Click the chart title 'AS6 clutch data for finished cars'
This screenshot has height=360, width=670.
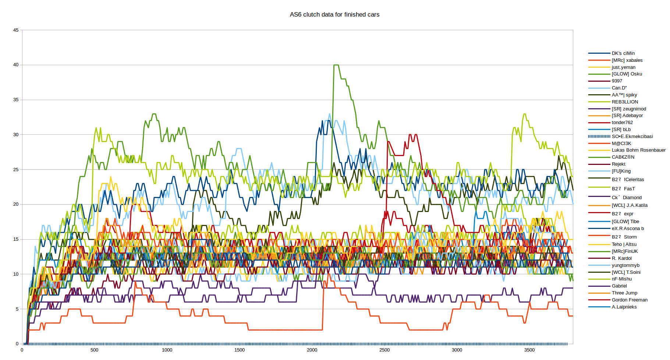pyautogui.click(x=334, y=15)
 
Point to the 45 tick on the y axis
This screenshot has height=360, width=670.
pyautogui.click(x=16, y=30)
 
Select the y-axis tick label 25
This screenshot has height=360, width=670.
pyautogui.click(x=16, y=170)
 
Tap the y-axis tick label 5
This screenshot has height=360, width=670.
pyautogui.click(x=17, y=309)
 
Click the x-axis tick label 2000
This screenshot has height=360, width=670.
pyautogui.click(x=312, y=350)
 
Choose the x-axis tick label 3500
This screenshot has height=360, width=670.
pyautogui.click(x=529, y=350)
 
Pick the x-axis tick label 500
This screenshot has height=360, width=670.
pyautogui.click(x=95, y=350)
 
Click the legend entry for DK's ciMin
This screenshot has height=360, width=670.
pyautogui.click(x=623, y=53)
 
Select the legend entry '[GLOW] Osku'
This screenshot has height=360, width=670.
pyautogui.click(x=627, y=74)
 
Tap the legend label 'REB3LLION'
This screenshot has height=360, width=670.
pyautogui.click(x=625, y=102)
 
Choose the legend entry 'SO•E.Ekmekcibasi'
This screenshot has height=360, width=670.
pyautogui.click(x=632, y=137)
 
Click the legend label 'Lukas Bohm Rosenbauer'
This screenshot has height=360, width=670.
pyautogui.click(x=638, y=150)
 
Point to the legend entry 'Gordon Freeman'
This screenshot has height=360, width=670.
pyautogui.click(x=630, y=300)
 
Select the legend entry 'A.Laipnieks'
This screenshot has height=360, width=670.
pyautogui.click(x=624, y=307)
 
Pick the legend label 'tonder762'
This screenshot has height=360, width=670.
pyautogui.click(x=622, y=123)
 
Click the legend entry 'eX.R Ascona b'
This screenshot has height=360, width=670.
pyautogui.click(x=628, y=229)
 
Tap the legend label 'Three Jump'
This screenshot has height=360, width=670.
pyautogui.click(x=624, y=293)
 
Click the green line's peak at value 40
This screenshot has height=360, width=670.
pyautogui.click(x=336, y=65)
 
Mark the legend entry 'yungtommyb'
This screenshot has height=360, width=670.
pyautogui.click(x=625, y=265)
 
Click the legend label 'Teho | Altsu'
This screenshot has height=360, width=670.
pyautogui.click(x=624, y=244)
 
